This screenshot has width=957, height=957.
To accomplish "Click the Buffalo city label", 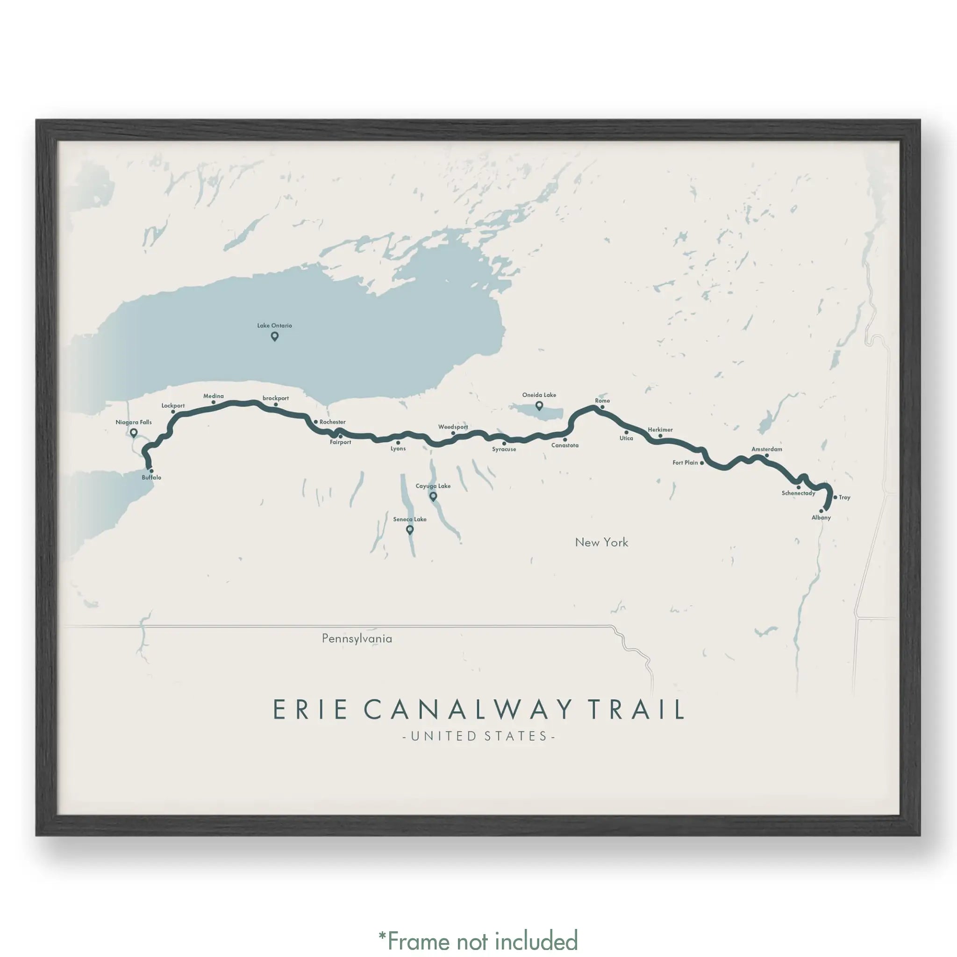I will pyautogui.click(x=151, y=478).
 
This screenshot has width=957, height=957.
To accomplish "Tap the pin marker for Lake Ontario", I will pyautogui.click(x=274, y=336).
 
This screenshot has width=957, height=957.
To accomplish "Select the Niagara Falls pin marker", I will pyautogui.click(x=133, y=433).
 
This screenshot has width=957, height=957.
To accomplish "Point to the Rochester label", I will pyautogui.click(x=332, y=422).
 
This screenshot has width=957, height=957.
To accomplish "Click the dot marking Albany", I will pyautogui.click(x=821, y=511).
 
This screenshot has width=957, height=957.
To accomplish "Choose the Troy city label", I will pyautogui.click(x=844, y=497).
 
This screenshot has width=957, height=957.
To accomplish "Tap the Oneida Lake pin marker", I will pyautogui.click(x=539, y=406).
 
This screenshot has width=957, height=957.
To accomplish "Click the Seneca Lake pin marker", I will pyautogui.click(x=410, y=530).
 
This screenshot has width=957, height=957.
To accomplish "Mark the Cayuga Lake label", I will pyautogui.click(x=433, y=486).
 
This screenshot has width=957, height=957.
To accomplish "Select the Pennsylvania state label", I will pyautogui.click(x=357, y=638).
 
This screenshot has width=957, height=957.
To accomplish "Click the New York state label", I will pyautogui.click(x=601, y=543).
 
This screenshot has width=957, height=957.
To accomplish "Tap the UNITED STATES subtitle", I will pyautogui.click(x=478, y=736).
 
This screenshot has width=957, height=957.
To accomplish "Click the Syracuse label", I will pyautogui.click(x=504, y=449).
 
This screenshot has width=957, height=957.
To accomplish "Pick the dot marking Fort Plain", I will pyautogui.click(x=702, y=463).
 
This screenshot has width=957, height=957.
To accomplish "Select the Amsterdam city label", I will pyautogui.click(x=767, y=449).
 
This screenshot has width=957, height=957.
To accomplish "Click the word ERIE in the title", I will pyautogui.click(x=310, y=709).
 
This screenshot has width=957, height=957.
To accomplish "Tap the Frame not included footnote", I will pyautogui.click(x=478, y=941).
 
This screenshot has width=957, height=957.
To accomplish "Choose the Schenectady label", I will pyautogui.click(x=798, y=493).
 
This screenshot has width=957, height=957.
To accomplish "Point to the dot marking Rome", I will pyautogui.click(x=602, y=407).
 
